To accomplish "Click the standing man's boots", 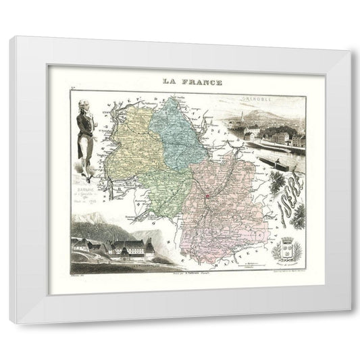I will click(85, 177).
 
